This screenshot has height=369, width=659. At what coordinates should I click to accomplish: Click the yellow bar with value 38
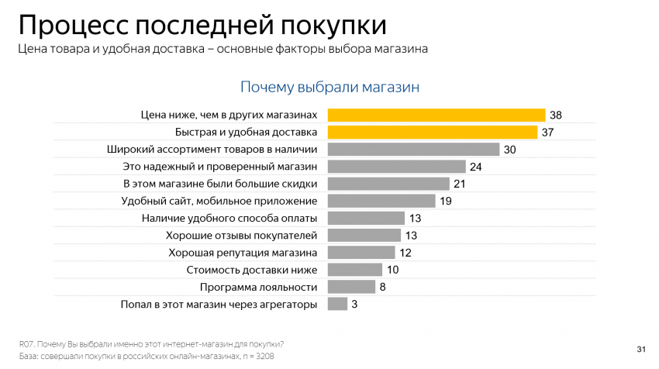436,115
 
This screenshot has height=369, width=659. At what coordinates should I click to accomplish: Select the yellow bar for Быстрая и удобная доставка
433,132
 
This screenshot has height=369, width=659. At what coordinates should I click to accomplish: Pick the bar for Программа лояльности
351,287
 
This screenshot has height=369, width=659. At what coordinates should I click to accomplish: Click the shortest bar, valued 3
337,304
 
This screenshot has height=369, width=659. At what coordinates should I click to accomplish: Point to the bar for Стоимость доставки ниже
355,270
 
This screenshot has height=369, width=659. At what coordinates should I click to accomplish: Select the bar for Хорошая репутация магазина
361,253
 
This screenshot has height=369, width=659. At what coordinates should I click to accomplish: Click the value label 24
476,167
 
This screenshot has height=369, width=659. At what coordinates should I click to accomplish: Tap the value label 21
460,184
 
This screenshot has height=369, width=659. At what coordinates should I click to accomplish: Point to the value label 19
446,202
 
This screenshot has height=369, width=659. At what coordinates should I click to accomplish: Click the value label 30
509,150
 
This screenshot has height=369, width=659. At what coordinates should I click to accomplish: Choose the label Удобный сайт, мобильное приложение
219,202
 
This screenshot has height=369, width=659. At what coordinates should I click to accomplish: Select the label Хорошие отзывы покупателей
242,236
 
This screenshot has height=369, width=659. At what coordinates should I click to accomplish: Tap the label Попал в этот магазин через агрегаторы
219,305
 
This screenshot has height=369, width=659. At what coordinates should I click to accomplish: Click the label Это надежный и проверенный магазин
220,167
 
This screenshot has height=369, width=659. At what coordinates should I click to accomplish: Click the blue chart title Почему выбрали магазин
329,87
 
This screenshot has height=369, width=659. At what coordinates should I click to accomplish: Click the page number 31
640,347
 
